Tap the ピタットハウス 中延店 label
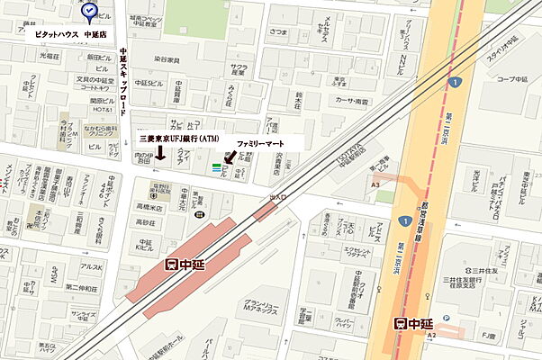(66, 33)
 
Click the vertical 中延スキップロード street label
(123, 81)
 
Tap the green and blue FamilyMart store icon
(216, 166)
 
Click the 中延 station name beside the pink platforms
(186, 264)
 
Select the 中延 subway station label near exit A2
(414, 324)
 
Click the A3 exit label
(375, 185)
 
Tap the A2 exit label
(430, 335)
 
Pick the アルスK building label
(90, 266)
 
